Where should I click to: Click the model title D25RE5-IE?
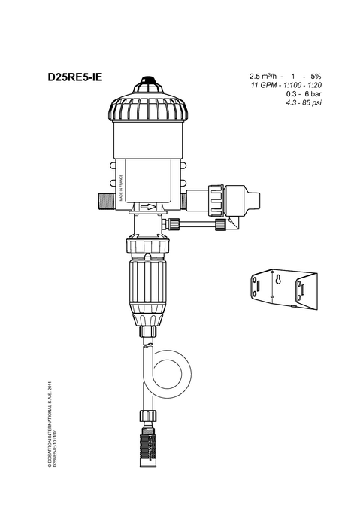tap(75, 77)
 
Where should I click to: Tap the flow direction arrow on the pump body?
tap(148, 207)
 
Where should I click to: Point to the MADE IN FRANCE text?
tap(121, 188)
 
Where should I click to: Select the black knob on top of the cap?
tap(148, 80)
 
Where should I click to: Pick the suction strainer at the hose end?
tap(148, 448)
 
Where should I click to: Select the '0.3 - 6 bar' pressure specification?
tap(304, 94)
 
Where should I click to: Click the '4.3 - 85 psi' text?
tap(304, 103)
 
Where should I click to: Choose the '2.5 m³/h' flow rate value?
tap(263, 77)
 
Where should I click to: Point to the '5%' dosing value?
tap(316, 77)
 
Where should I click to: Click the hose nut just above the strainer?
tap(148, 416)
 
